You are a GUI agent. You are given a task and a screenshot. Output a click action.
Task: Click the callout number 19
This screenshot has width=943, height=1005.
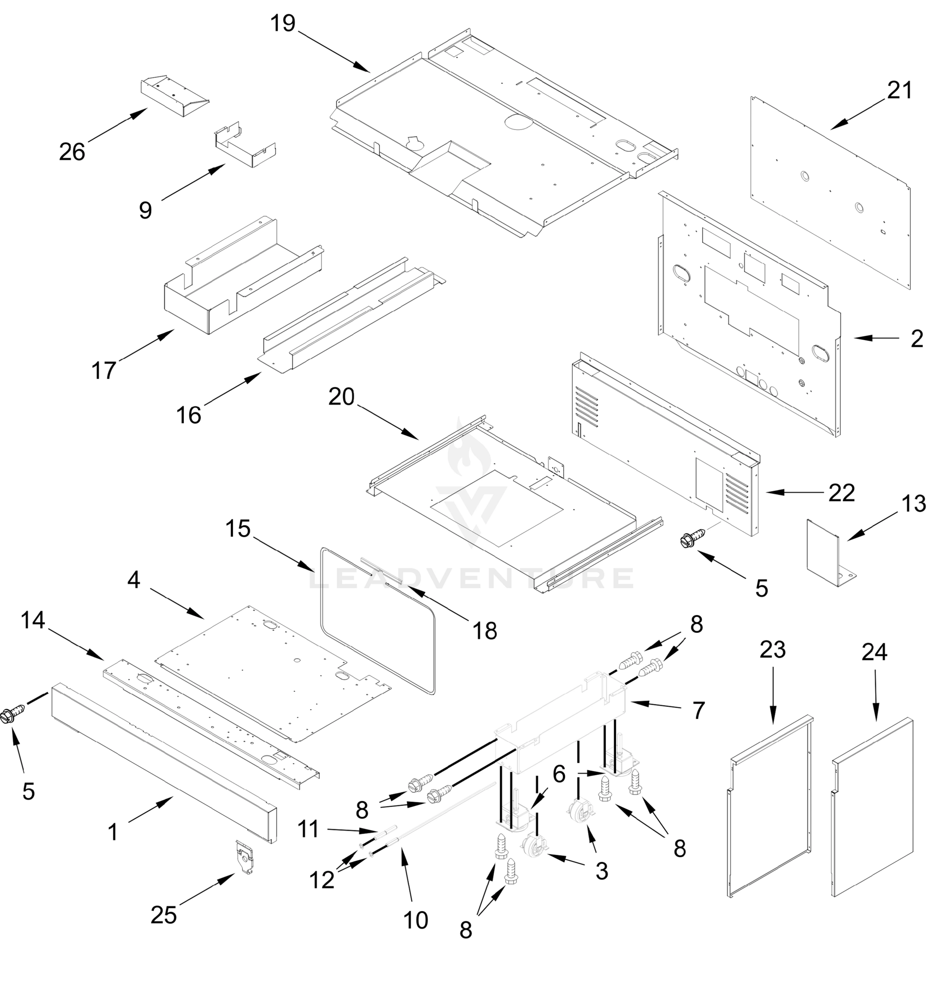pos(283,23)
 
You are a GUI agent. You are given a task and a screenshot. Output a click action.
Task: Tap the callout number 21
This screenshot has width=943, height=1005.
pos(899,90)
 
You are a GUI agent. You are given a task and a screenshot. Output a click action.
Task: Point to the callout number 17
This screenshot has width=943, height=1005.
pos(103,370)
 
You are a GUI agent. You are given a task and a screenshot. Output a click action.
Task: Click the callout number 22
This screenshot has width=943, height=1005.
pos(841,492)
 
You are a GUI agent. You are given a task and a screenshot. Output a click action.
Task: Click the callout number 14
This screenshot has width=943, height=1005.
pos(33,620)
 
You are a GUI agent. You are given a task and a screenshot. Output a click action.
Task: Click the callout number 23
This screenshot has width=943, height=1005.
pos(772,649)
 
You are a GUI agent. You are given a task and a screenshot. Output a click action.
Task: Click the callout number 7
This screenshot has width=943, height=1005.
pos(698,710)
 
